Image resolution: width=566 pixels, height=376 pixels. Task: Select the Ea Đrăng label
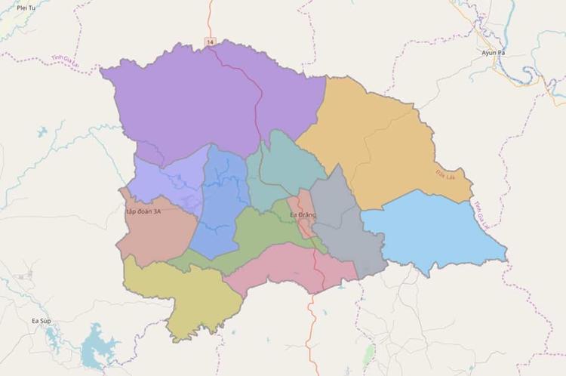coord(306,215)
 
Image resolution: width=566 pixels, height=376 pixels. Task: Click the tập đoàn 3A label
coord(143,213)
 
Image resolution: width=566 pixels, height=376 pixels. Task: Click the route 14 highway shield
coord(209,40)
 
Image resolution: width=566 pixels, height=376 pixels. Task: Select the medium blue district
coord(220,204)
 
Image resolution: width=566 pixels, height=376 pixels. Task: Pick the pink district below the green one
coord(291,268)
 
